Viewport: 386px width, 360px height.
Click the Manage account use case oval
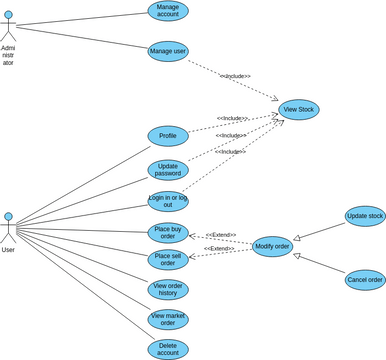click(167, 11)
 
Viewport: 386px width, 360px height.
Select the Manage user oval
click(167, 50)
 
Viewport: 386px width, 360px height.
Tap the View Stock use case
click(299, 109)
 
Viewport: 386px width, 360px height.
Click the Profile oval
click(167, 135)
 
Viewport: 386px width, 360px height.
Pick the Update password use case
click(167, 170)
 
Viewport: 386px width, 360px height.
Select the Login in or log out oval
click(167, 201)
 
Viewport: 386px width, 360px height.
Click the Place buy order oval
click(167, 232)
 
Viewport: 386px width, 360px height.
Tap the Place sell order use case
click(167, 260)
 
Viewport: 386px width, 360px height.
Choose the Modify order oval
click(272, 246)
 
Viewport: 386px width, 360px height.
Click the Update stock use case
click(363, 216)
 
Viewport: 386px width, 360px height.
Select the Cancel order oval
click(363, 280)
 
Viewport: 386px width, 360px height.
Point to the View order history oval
click(167, 290)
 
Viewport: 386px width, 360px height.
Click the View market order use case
click(167, 319)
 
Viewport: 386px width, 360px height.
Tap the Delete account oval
click(167, 349)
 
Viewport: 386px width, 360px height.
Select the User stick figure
click(8, 226)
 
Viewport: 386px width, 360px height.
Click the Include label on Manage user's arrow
click(235, 76)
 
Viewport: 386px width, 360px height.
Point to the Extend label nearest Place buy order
click(220, 235)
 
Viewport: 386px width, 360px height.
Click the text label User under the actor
click(8, 250)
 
